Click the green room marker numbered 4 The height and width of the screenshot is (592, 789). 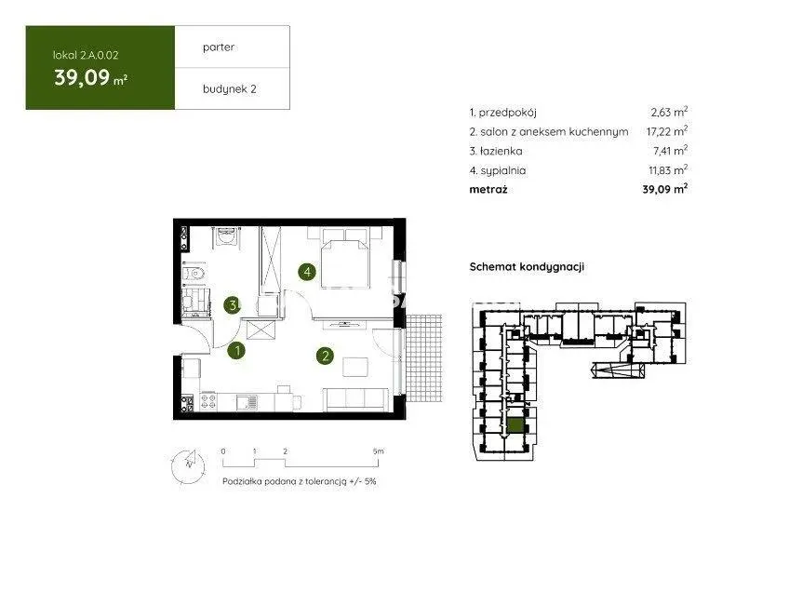click(x=307, y=273)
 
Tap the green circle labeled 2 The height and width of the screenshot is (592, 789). click(x=325, y=356)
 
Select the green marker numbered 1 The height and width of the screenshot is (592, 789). click(x=236, y=350)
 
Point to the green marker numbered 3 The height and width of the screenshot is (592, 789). click(x=232, y=304)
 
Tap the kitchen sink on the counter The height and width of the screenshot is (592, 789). click(x=247, y=402)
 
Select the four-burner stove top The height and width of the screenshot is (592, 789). click(x=208, y=402)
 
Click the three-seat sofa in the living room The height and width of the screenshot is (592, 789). click(x=355, y=399)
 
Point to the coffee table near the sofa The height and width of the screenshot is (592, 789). click(x=355, y=367)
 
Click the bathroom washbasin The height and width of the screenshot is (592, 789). click(x=226, y=236)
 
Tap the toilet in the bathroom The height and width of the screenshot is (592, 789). click(x=194, y=274)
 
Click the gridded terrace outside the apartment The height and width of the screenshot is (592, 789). click(x=424, y=358)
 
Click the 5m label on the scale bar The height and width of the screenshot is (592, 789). click(x=379, y=451)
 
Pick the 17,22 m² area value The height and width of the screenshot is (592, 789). click(x=667, y=131)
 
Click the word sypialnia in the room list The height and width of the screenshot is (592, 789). click(x=503, y=170)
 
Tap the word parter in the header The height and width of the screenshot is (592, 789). click(x=219, y=47)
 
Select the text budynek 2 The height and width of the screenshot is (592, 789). click(x=230, y=89)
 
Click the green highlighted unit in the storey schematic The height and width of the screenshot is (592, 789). click(x=515, y=426)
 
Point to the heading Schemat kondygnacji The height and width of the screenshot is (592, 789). click(x=527, y=267)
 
